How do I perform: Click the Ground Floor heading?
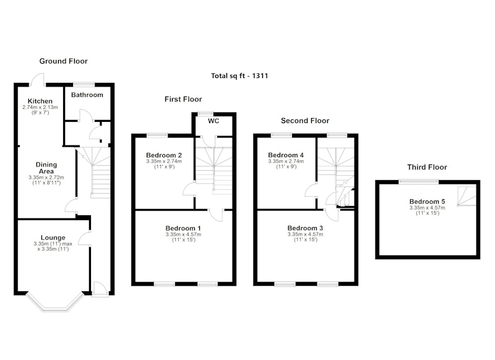64,61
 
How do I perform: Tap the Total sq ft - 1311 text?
239,75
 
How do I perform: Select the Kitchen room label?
40,101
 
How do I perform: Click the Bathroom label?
87,95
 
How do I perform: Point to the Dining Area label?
46,168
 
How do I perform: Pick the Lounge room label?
53,238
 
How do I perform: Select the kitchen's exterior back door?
38,80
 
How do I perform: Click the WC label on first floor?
213,121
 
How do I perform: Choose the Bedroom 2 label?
164,155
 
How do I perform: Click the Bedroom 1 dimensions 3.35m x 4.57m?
183,234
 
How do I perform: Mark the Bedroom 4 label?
286,155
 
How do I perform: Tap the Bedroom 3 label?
305,228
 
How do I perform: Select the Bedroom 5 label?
427,201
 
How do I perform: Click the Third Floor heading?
427,167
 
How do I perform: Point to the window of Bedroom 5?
419,181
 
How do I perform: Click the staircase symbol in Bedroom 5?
467,196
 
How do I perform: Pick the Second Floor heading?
305,121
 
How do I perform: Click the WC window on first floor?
206,114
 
